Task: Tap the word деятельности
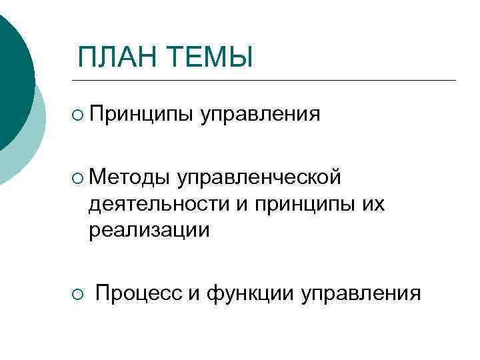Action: tap(155, 203)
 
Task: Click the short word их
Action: tap(371, 203)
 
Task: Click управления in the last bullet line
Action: tap(361, 292)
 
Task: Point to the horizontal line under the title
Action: tap(267, 81)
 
